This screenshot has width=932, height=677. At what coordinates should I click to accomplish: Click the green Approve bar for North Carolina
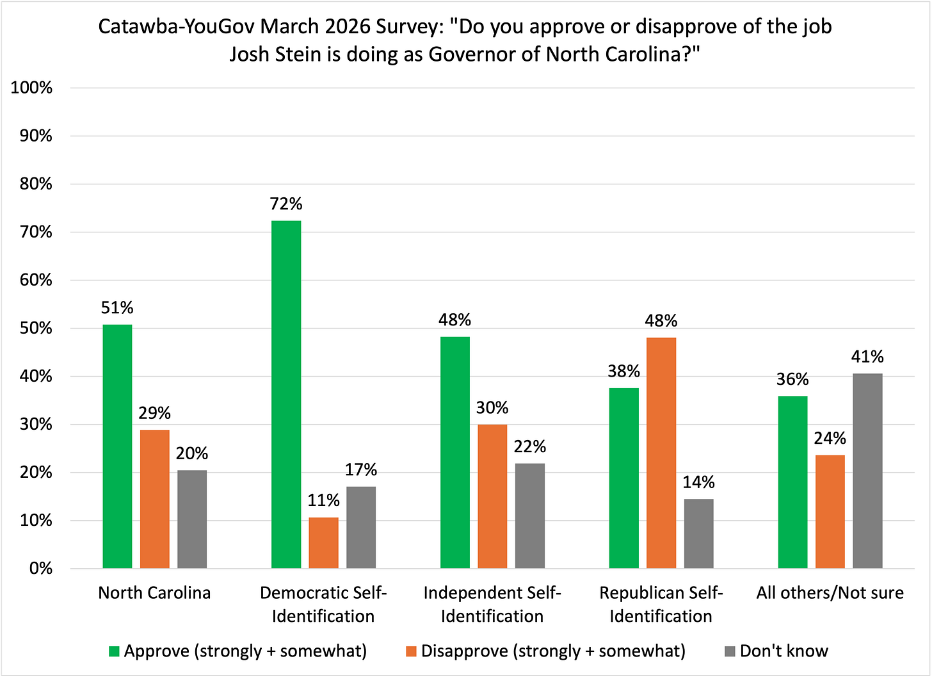117,446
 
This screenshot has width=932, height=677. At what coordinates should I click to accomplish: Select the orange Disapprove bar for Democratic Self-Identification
323,542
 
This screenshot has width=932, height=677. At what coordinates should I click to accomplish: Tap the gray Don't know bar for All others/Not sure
867,471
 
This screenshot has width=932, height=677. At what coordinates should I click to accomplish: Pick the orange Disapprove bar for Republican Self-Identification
661,453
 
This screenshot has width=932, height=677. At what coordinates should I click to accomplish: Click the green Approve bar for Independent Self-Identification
455,452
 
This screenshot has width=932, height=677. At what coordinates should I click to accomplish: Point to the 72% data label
286,204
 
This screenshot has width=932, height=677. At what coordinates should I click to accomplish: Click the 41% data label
867,357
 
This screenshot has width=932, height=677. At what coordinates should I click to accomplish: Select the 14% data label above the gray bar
698,482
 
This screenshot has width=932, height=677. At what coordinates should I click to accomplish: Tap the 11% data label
323,500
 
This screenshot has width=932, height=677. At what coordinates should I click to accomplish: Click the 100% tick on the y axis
31,88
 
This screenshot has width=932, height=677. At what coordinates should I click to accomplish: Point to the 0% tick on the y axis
40,569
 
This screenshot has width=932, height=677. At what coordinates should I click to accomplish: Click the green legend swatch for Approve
114,652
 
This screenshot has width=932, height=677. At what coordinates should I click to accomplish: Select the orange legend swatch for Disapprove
411,652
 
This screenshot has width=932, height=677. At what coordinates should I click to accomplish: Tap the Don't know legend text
783,651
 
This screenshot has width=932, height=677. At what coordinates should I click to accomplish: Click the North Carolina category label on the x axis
154,592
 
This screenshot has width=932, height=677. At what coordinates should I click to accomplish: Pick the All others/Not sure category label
830,592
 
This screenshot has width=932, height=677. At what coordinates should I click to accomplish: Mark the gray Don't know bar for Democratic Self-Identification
361,527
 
